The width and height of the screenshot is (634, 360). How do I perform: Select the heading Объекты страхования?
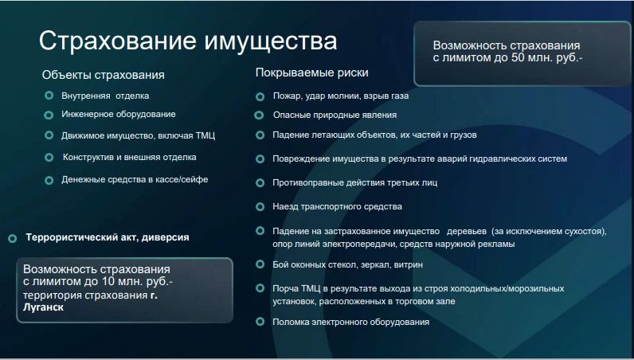click(103, 75)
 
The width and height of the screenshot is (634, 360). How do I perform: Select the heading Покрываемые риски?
click(311, 72)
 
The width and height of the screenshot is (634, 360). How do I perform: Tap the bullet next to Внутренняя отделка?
click(49, 96)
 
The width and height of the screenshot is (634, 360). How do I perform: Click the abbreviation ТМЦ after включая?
click(205, 135)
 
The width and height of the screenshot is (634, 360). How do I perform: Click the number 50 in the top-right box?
click(519, 58)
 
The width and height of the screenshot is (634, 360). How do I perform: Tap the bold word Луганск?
click(43, 307)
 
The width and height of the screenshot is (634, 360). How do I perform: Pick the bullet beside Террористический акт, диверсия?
click(13, 238)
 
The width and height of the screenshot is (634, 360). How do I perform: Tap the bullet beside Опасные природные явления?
click(259, 115)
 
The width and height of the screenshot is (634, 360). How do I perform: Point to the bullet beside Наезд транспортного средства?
click(260, 207)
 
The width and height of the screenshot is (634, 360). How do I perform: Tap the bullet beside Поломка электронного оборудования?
click(260, 322)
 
